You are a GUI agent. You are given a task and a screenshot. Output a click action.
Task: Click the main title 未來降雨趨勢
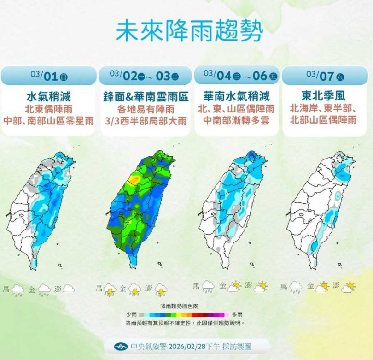(189, 32)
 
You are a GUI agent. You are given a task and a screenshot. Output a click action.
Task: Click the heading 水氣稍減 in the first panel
(49, 96)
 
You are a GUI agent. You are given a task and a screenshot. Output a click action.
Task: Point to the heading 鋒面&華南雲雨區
(145, 96)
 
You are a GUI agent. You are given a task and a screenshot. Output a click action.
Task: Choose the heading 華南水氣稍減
(236, 96)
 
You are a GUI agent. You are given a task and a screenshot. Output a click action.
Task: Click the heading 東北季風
(324, 96)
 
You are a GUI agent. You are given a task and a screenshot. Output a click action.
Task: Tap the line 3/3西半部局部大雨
(145, 121)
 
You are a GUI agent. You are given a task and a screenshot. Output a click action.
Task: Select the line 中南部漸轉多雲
(236, 121)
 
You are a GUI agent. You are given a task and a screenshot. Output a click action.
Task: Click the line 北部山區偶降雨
(324, 121)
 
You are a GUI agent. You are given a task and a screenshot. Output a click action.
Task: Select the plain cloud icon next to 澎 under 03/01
(69, 289)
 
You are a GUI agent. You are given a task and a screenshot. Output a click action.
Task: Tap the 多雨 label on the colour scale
(238, 314)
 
